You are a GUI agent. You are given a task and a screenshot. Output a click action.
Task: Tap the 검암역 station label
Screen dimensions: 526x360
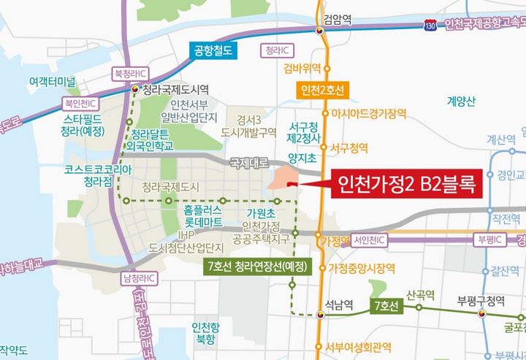pos(338,20)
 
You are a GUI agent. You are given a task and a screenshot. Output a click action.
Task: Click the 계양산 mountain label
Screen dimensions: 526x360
pos(462,102)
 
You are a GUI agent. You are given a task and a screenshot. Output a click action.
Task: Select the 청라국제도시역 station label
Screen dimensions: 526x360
pos(175,91)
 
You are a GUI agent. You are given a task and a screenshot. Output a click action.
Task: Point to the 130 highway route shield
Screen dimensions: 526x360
pos(432,26)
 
